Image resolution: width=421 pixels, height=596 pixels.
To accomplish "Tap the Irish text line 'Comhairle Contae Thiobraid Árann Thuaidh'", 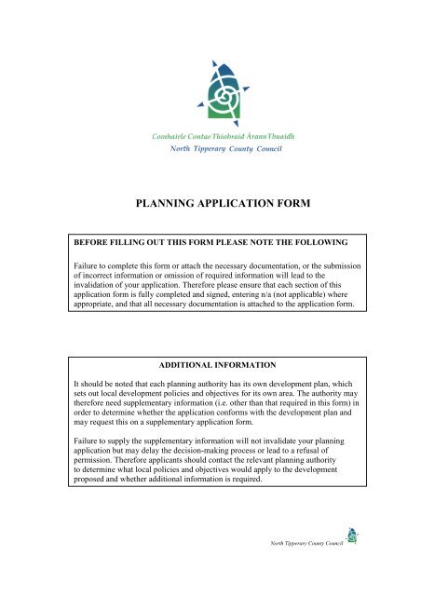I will (x=210, y=136).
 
